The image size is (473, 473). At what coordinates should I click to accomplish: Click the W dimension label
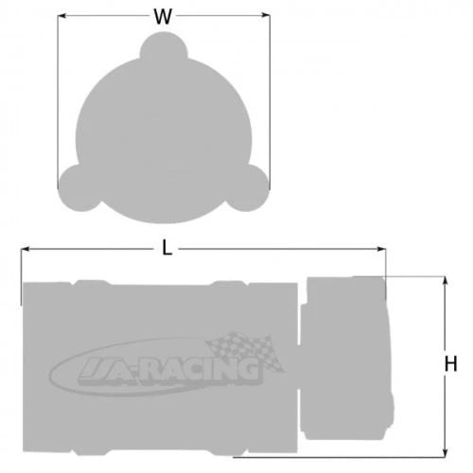(x=163, y=17)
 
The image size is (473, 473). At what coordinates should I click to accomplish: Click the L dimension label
(x=166, y=247)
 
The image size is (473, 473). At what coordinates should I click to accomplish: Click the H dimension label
(x=450, y=364)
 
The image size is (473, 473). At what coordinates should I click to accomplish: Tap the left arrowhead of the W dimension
(x=61, y=15)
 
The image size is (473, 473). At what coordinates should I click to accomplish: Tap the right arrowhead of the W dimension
(x=266, y=15)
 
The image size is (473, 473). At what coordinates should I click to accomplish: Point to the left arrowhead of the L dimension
(x=25, y=250)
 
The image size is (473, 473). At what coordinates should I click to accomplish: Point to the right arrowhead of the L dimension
(x=381, y=249)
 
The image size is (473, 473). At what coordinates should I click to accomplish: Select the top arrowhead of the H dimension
(x=446, y=281)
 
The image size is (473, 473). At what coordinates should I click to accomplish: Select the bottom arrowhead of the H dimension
(x=445, y=452)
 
